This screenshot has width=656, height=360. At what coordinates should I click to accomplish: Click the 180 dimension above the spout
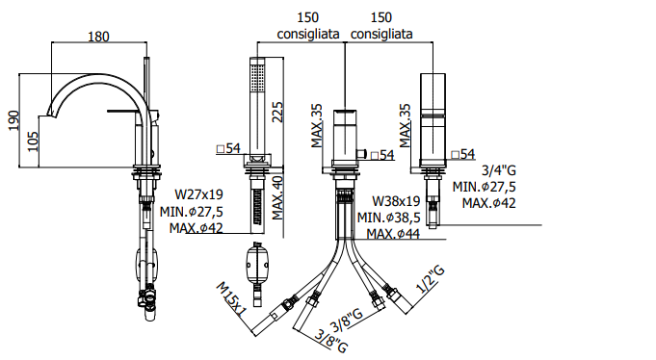tap(98, 37)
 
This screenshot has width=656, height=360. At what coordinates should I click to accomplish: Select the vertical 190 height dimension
tap(14, 120)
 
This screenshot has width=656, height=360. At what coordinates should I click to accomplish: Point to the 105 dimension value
tap(33, 141)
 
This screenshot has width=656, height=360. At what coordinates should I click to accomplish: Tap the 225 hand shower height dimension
tap(277, 112)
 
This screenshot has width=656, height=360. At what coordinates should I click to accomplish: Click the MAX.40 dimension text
tap(277, 197)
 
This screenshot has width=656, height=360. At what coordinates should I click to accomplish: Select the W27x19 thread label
tap(198, 194)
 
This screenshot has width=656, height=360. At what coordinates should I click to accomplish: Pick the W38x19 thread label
tap(396, 201)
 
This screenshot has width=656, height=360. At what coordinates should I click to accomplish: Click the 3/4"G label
tap(499, 170)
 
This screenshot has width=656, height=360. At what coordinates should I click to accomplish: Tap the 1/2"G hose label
tap(431, 278)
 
